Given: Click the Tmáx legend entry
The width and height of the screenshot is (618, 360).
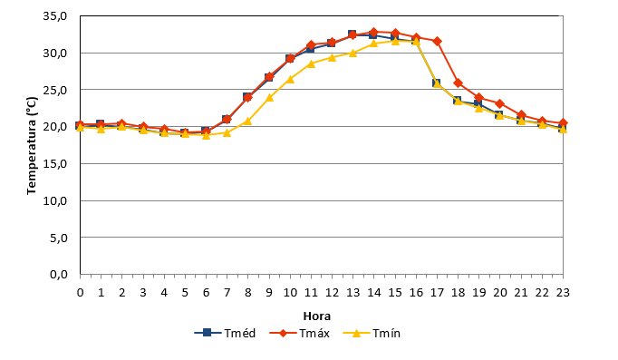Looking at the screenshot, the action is (299, 333).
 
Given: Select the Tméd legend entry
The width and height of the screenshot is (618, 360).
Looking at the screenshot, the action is (225, 333).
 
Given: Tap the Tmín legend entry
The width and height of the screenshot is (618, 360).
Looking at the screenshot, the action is (372, 333).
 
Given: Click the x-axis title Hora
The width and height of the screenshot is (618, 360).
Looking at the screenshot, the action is (317, 316).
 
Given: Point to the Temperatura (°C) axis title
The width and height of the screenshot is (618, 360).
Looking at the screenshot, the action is (32, 145).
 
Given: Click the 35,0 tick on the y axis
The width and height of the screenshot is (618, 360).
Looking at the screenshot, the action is (54, 16).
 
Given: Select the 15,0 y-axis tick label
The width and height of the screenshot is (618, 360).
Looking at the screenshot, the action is (54, 163).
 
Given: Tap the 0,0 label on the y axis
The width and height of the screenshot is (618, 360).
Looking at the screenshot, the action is (59, 274).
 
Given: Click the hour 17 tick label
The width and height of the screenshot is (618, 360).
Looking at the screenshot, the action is (437, 293).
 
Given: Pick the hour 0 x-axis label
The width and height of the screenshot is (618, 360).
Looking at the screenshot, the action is (81, 293).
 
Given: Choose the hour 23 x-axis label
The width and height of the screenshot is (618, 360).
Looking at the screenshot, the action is (563, 293).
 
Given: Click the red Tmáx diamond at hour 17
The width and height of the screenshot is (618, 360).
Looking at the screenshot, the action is (437, 41).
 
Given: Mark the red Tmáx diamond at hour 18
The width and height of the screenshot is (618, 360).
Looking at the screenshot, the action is (458, 83).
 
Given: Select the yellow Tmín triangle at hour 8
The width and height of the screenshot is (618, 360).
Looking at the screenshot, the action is (248, 121).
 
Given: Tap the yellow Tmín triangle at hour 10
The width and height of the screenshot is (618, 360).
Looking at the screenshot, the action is (290, 79).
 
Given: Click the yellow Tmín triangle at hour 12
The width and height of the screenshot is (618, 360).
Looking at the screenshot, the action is (332, 57).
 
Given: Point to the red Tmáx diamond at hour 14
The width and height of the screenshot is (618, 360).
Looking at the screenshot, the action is (374, 32).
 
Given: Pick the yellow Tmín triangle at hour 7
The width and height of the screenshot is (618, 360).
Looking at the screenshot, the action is (227, 132).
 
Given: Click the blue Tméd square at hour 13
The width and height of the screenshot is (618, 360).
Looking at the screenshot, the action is (352, 34).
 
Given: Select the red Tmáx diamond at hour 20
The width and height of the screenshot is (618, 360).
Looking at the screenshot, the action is (500, 104).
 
